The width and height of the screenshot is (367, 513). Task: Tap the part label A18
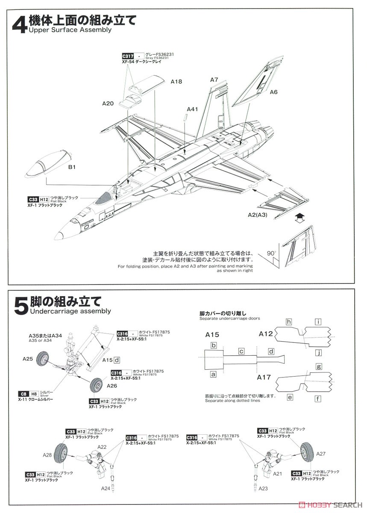pos(176,81)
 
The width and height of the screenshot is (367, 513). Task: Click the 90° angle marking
pos(270,253)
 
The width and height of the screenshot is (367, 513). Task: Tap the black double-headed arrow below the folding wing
pos(300,218)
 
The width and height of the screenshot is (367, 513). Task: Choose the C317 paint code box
pos(128,56)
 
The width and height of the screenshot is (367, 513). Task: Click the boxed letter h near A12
pos(289,321)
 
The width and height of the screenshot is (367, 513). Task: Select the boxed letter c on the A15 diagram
pos(241,351)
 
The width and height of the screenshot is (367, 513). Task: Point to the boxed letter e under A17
pos(290,397)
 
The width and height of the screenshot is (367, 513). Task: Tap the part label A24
pos(106,488)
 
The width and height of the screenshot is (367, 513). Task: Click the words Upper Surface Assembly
pos(70,30)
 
